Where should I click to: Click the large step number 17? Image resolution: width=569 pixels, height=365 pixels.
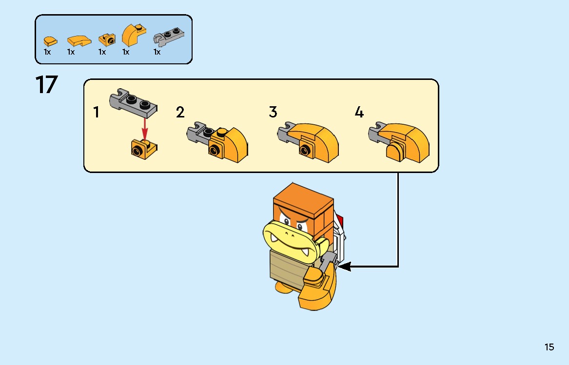click(x=46, y=84)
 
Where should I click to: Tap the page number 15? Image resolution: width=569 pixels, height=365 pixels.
click(x=549, y=347)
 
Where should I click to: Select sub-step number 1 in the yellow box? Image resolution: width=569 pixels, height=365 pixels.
click(x=96, y=113)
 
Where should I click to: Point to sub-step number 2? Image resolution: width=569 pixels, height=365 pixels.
click(x=180, y=113)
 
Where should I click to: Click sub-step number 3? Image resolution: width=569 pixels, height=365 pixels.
click(x=273, y=112)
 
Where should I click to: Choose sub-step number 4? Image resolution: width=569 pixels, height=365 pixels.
click(x=359, y=112)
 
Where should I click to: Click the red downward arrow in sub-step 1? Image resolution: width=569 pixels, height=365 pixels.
click(x=145, y=129)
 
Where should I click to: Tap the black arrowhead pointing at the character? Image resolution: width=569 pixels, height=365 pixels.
click(x=344, y=266)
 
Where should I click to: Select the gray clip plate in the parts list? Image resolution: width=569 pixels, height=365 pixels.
click(x=168, y=37)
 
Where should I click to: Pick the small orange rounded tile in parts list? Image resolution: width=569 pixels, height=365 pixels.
click(x=50, y=41)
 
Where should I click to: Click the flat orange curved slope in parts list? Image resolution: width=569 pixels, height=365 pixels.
click(x=79, y=40)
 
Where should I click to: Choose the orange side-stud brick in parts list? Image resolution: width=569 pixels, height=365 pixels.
click(x=107, y=39)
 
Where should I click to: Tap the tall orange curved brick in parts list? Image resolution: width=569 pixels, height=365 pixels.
click(x=134, y=35)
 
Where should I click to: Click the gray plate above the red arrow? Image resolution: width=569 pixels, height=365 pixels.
click(x=133, y=102)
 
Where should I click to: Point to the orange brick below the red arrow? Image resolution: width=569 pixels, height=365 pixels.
click(x=144, y=148)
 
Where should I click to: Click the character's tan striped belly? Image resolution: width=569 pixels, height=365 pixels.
click(x=289, y=267)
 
